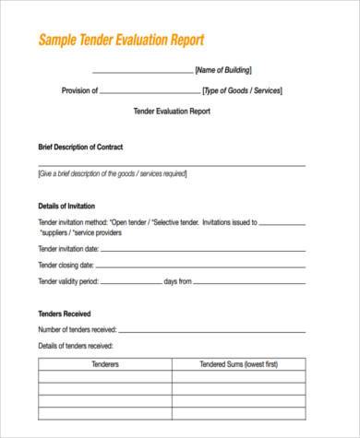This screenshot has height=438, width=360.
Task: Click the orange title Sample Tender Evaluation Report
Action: (x=120, y=41)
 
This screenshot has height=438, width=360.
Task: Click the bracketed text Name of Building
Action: (x=222, y=70)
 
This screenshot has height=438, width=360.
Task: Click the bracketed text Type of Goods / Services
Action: (x=242, y=90)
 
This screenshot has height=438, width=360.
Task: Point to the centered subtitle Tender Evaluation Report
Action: (x=173, y=111)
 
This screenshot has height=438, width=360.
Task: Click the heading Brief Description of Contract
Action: (x=80, y=147)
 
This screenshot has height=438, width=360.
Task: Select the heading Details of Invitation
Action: (x=66, y=206)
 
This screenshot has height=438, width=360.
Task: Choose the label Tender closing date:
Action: (x=66, y=265)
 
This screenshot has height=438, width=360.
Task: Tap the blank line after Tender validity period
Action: (x=130, y=282)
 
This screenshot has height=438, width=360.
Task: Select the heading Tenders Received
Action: (x=65, y=313)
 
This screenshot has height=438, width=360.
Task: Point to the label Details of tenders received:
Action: (x=76, y=346)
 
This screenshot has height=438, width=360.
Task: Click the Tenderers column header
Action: (x=105, y=364)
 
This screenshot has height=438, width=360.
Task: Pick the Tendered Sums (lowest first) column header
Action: (x=238, y=364)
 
